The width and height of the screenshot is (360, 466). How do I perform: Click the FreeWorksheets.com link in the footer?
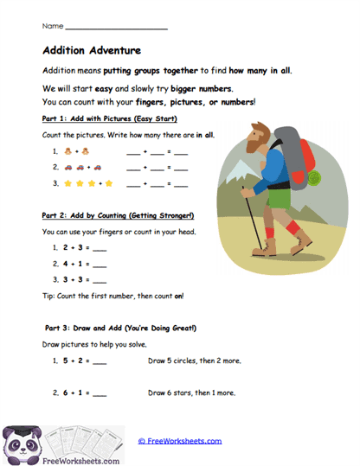click(180, 440)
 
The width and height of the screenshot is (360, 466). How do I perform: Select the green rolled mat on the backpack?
click(312, 177)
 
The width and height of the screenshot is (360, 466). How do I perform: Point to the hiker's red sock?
click(293, 230)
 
